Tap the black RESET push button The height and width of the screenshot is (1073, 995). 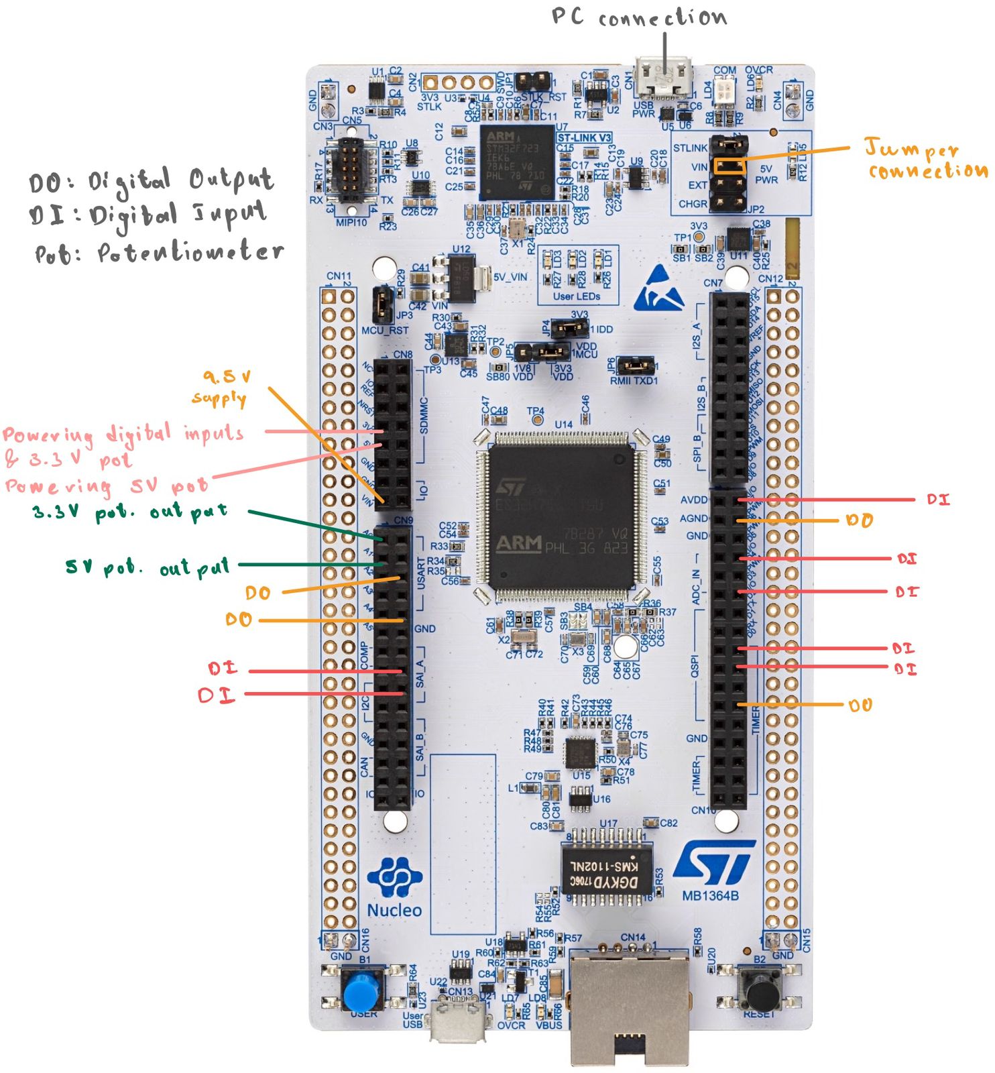(762, 989)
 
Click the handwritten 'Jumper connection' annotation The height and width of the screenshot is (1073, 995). (925, 159)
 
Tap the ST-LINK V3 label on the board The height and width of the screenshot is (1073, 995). (584, 137)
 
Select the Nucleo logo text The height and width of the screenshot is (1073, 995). (394, 910)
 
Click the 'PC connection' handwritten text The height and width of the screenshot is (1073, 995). (639, 16)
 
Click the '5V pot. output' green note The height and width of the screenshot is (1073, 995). (148, 567)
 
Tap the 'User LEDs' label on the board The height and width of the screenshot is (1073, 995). (576, 296)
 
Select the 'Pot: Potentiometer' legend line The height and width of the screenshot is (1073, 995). (160, 253)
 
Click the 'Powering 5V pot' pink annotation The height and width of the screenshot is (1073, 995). (107, 485)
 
